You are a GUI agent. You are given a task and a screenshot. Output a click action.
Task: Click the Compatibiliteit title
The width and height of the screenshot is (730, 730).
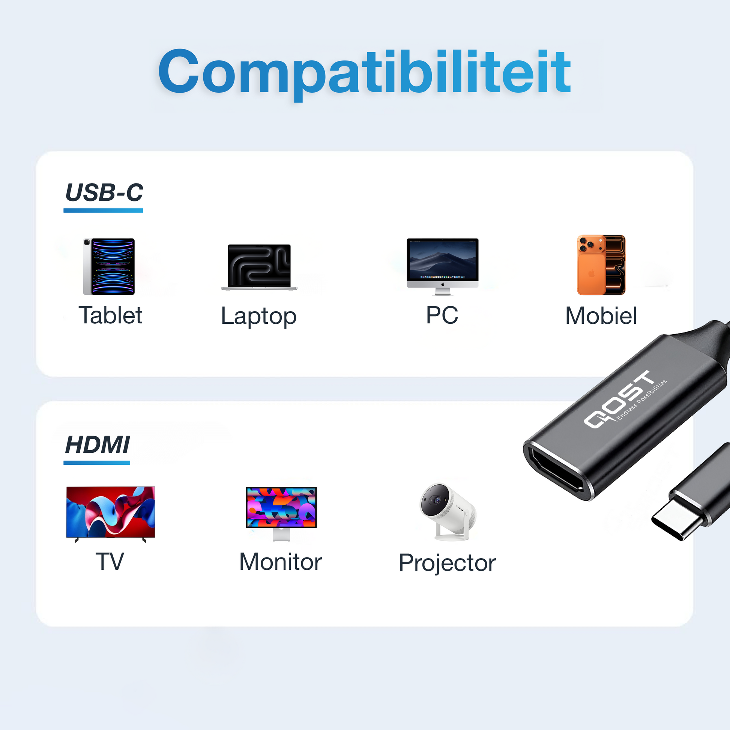[364, 72]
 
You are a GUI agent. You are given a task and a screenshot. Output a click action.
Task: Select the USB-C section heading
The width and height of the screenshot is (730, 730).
[104, 193]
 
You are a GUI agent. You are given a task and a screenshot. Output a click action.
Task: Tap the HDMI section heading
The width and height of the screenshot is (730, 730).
[97, 445]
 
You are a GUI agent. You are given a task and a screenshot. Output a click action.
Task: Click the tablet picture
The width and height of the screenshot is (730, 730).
[109, 266]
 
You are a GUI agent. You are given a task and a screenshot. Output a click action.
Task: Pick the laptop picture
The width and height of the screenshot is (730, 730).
[259, 267]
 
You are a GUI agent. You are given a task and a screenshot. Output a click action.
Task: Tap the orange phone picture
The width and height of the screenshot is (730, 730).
[601, 265]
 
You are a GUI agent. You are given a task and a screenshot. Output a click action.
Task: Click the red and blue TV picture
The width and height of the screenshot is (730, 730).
[110, 513]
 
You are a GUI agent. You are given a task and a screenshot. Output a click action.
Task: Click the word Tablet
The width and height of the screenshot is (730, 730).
[110, 315]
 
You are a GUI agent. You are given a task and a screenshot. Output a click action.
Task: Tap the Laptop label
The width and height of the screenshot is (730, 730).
[259, 317]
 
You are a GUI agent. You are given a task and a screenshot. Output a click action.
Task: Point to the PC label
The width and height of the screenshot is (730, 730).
[442, 315]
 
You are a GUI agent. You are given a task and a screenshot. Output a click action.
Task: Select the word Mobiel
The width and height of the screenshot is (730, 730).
[601, 316]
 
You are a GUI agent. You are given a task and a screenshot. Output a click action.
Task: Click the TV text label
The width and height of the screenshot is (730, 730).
[110, 562]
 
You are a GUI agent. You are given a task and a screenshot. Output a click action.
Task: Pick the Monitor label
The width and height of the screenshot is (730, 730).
[281, 562]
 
